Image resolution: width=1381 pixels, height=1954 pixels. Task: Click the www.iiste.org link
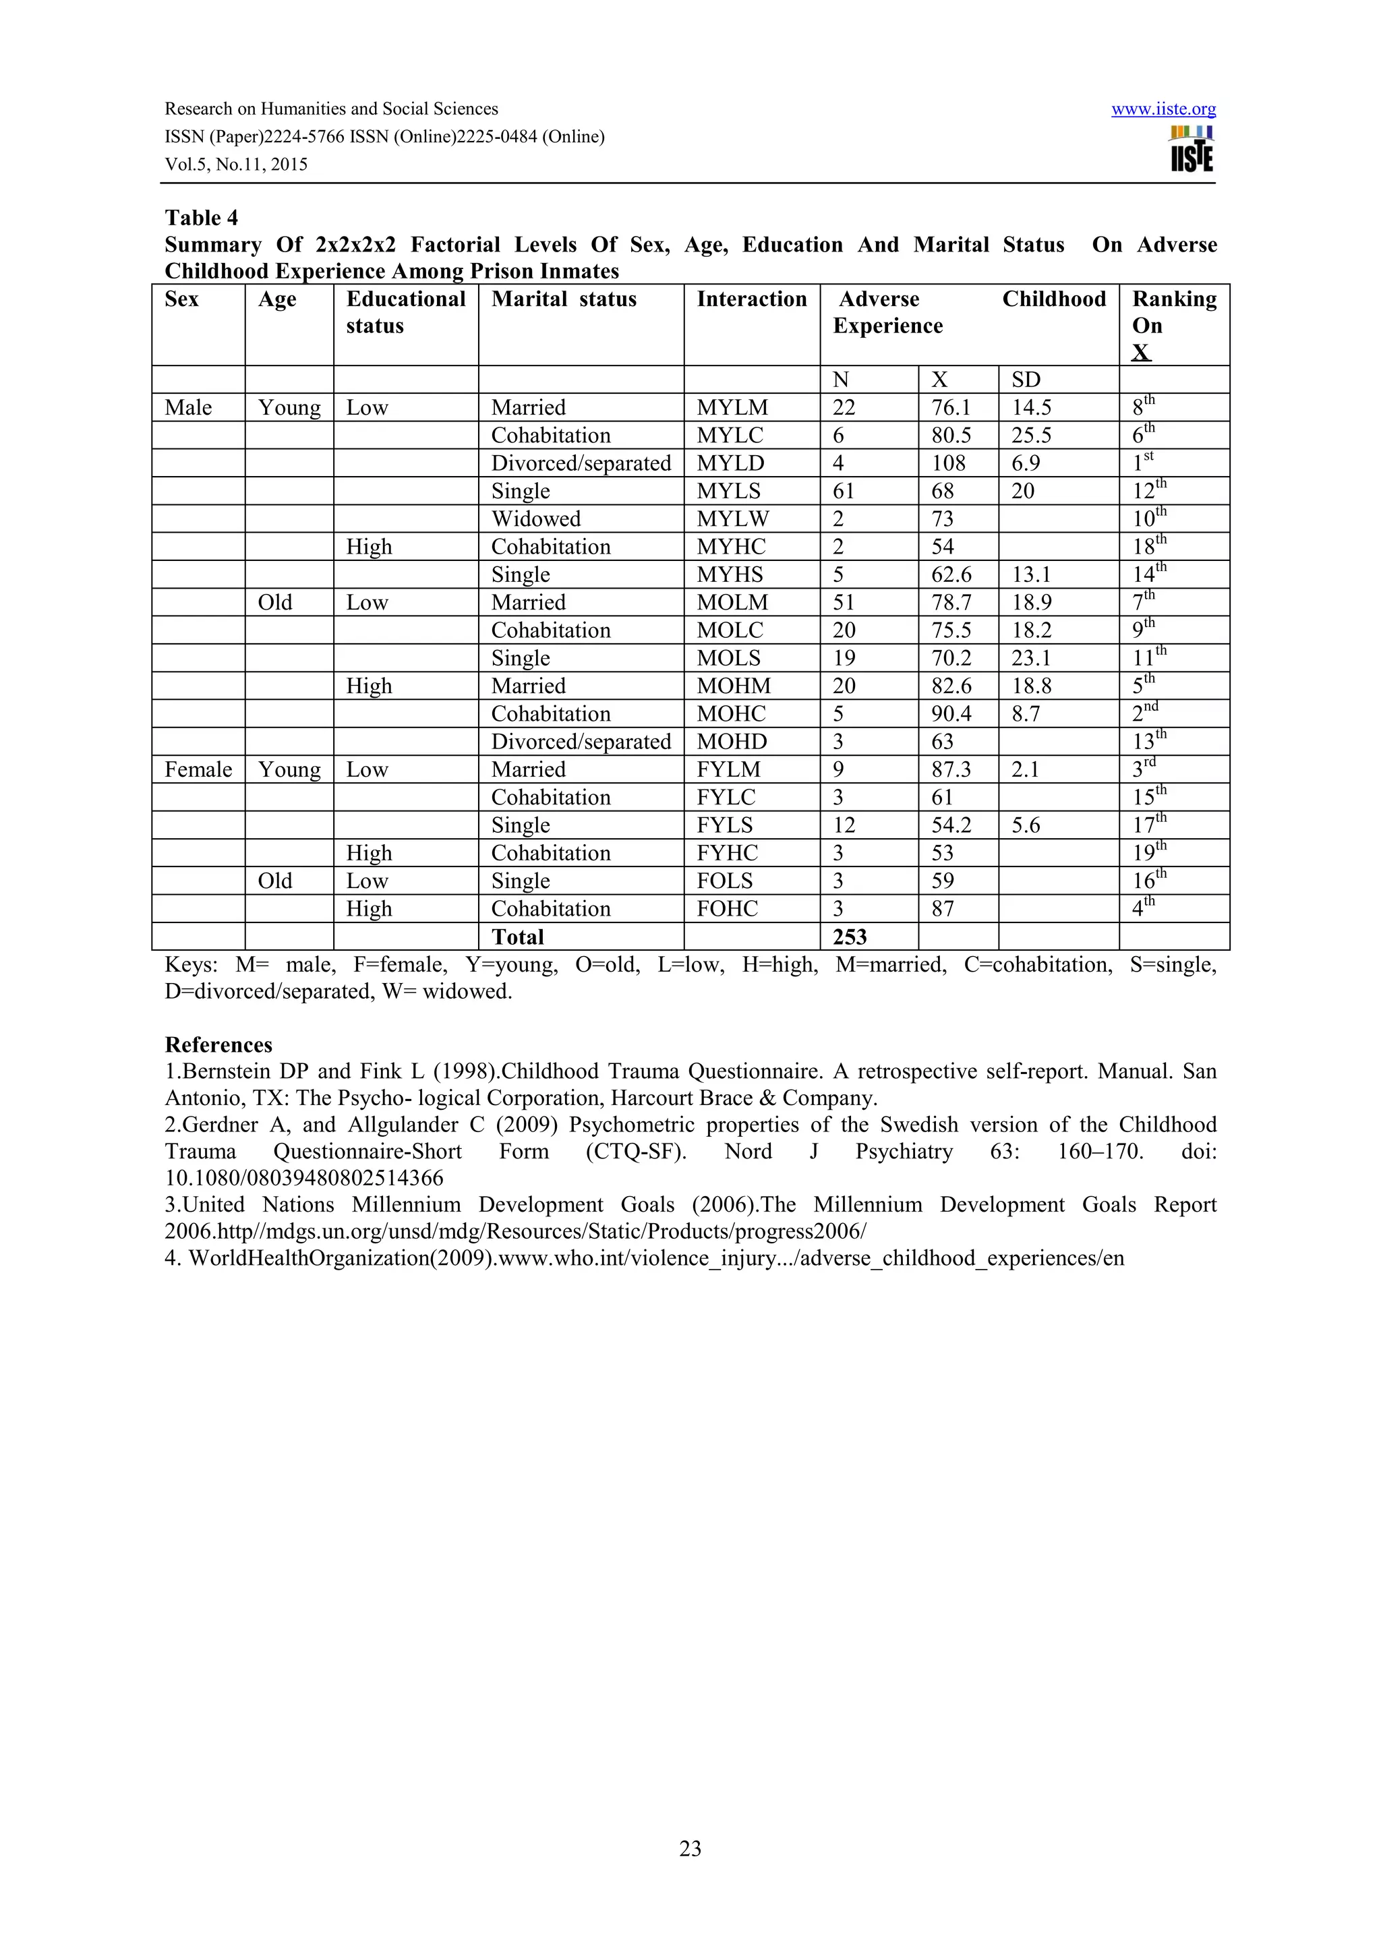click(1163, 109)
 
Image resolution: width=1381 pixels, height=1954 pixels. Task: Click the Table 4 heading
click(201, 218)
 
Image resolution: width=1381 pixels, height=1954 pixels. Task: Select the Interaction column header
click(751, 299)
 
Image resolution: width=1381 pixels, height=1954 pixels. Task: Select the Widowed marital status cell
click(535, 519)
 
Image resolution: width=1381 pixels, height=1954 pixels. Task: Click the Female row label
click(198, 769)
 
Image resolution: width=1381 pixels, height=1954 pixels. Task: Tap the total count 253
click(849, 937)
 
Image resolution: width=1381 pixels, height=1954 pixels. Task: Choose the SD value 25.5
click(1030, 435)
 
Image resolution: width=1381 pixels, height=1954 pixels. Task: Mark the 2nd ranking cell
click(1144, 713)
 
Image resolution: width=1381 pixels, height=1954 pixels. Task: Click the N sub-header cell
click(840, 380)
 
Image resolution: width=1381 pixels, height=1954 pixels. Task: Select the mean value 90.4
click(950, 713)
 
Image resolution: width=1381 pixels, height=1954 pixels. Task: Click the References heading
click(218, 1044)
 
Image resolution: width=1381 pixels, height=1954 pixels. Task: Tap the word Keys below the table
click(191, 964)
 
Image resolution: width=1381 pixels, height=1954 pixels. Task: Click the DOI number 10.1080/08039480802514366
click(303, 1178)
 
